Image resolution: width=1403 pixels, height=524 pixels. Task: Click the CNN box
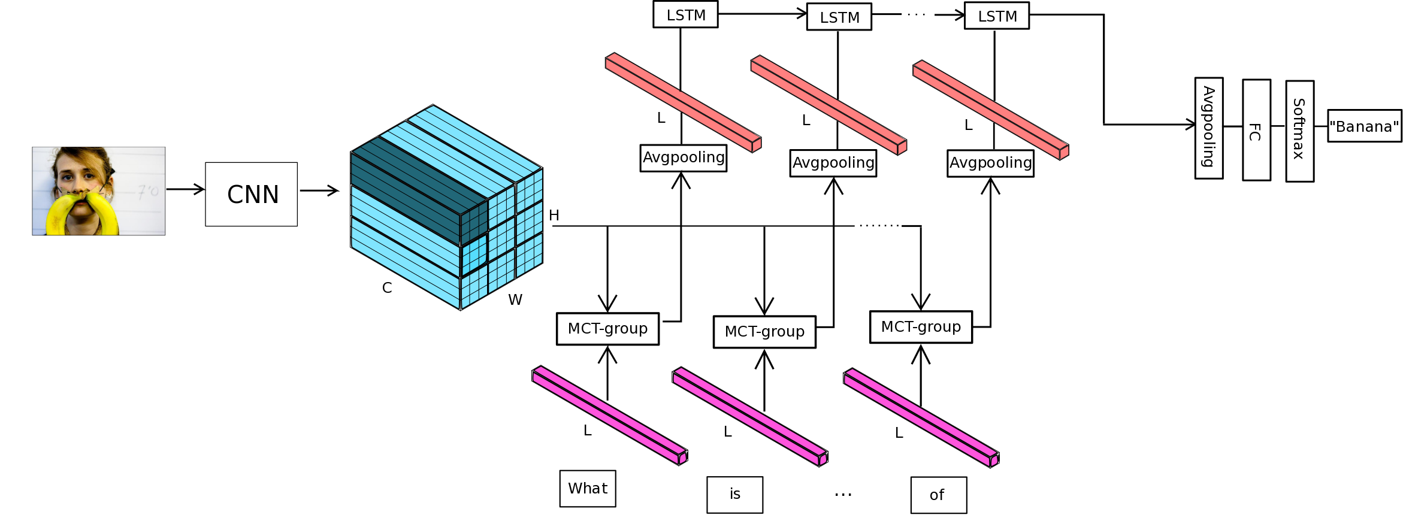[x=251, y=194]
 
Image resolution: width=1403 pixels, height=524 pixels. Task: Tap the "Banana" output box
[x=1364, y=126]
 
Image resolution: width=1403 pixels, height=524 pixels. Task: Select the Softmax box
[x=1299, y=131]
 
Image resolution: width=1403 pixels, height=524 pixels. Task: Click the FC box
[x=1256, y=130]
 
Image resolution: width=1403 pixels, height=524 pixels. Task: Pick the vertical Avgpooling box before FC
[x=1208, y=128]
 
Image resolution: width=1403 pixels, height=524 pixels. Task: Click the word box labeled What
[x=588, y=489]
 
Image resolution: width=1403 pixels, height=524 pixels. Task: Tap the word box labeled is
[x=734, y=495]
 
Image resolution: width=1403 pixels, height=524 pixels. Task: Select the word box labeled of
[x=938, y=495]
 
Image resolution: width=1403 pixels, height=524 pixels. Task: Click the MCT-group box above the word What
[x=607, y=329]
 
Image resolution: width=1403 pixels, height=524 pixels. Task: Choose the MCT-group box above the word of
[x=921, y=327]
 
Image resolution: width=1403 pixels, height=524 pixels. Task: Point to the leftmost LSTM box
[x=685, y=14]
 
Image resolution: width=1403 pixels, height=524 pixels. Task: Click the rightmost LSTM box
[x=997, y=16]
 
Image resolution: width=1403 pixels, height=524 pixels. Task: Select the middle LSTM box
[x=839, y=17]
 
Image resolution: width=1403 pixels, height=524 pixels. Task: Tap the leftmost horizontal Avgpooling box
[x=683, y=158]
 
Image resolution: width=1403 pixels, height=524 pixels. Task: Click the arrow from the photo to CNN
[x=185, y=189]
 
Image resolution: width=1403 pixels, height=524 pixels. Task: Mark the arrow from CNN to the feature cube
[x=319, y=190]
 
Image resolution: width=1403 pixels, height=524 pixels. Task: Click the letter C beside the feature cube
[x=387, y=288]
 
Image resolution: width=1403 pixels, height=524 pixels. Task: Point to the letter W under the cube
[x=515, y=300]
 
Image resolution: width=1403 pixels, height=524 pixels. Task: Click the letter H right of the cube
[x=554, y=216]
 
